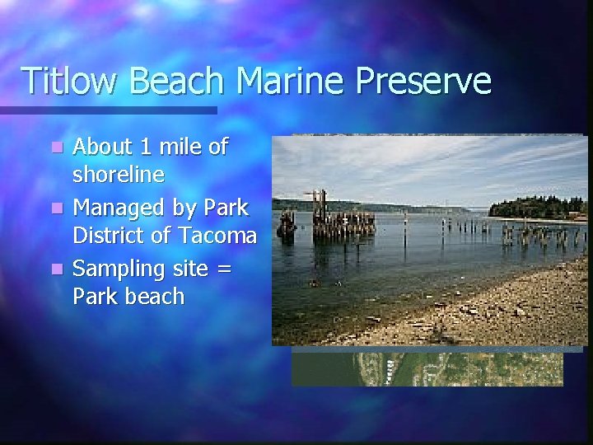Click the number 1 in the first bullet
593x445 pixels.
(146, 147)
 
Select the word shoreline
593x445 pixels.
(119, 176)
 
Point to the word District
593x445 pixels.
(110, 236)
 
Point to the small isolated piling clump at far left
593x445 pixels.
(287, 225)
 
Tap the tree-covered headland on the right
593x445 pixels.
(535, 207)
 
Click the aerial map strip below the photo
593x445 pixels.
(427, 368)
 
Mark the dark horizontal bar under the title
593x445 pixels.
(107, 110)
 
